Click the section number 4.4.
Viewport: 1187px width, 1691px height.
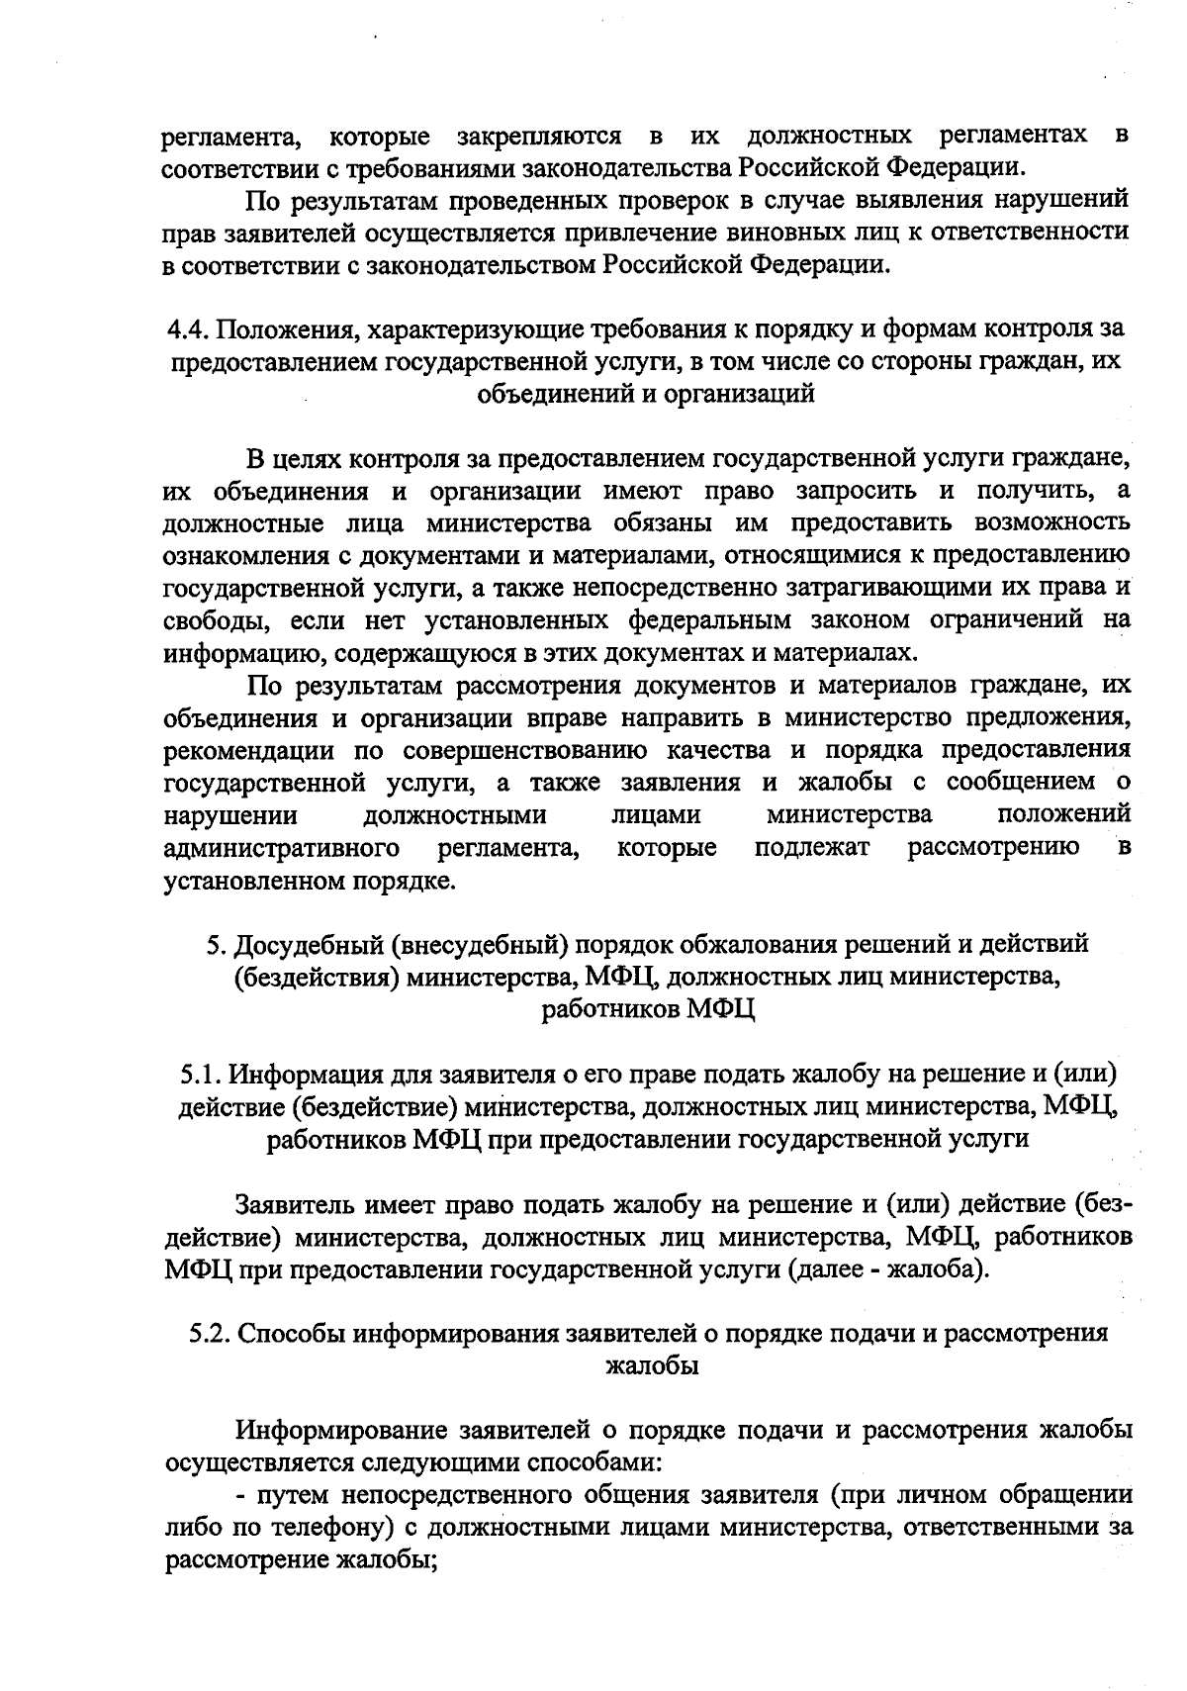(186, 329)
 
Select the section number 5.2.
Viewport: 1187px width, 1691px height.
(210, 1333)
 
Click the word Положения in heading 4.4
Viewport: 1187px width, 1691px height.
(276, 329)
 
